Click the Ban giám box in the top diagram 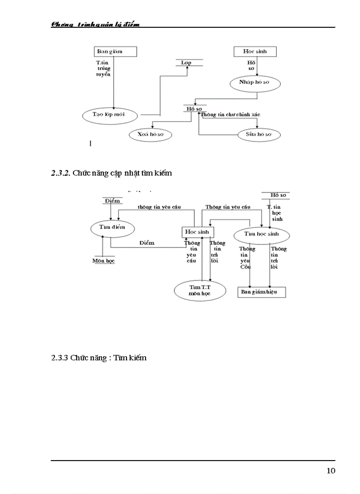(116, 51)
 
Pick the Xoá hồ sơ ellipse (150, 134)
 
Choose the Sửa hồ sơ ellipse (260, 134)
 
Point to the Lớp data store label (189, 62)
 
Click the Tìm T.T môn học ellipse (200, 290)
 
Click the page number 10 (331, 470)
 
